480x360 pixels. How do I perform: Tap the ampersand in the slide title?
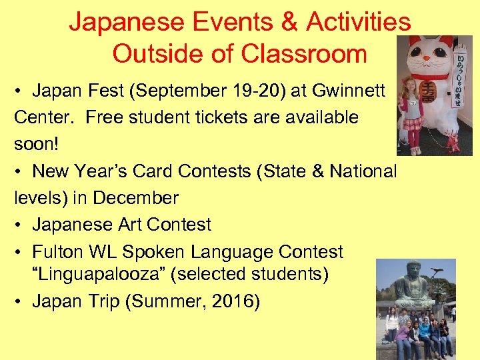click(290, 23)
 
